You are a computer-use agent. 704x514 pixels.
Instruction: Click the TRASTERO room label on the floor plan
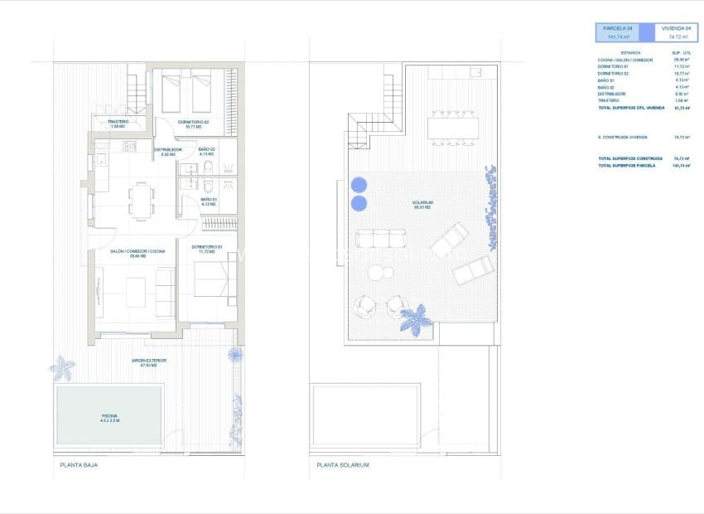117,123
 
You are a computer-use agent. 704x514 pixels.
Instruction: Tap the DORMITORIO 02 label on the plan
195,123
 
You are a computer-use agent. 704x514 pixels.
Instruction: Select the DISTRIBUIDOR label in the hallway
168,151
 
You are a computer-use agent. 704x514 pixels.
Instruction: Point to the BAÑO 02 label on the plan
207,151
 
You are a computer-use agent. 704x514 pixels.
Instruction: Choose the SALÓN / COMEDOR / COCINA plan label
138,252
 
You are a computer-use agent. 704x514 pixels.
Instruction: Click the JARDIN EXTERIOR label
149,361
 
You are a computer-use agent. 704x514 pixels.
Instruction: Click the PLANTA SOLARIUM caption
342,465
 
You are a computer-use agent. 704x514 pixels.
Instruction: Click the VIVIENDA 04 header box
678,32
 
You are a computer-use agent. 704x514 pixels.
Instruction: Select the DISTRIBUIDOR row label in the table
614,94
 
